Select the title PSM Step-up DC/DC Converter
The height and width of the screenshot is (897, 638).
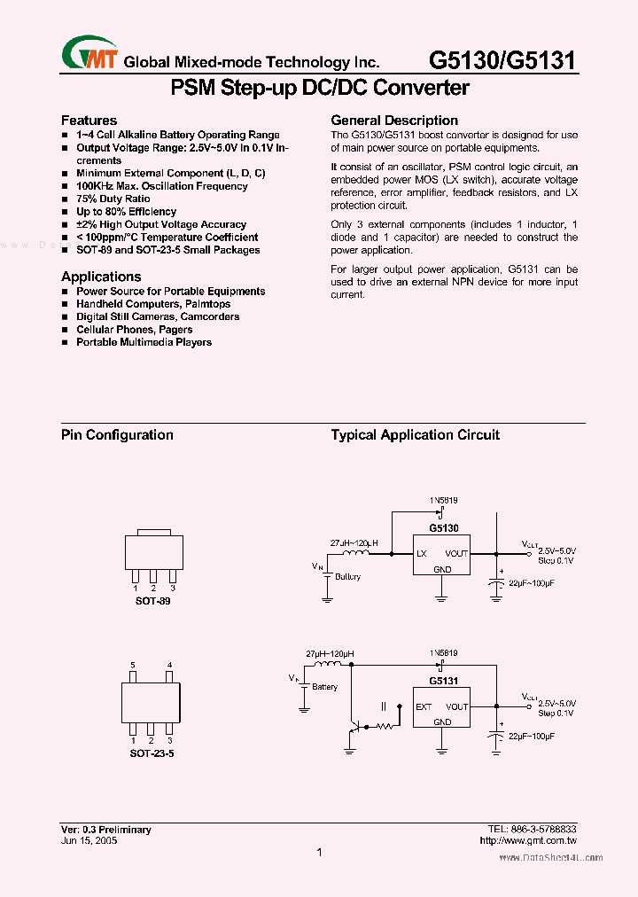point(319,88)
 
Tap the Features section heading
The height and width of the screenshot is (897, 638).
point(89,120)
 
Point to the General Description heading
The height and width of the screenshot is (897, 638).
point(394,120)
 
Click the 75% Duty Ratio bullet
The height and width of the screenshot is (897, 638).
point(113,199)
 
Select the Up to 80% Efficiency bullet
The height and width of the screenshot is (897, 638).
point(126,212)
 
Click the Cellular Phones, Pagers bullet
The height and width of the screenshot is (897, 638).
point(134,330)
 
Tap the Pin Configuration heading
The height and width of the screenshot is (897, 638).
point(117,434)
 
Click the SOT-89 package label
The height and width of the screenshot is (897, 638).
point(152,601)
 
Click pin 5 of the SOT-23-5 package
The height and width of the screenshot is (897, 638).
point(133,666)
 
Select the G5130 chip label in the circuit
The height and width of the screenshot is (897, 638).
point(443,527)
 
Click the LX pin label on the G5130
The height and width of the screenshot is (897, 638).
point(422,554)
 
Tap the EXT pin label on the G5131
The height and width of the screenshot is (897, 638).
point(424,706)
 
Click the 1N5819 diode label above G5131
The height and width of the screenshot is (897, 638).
point(443,653)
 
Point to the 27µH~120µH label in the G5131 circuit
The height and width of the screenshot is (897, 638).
point(329,653)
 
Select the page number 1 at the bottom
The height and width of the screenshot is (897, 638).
point(319,853)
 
